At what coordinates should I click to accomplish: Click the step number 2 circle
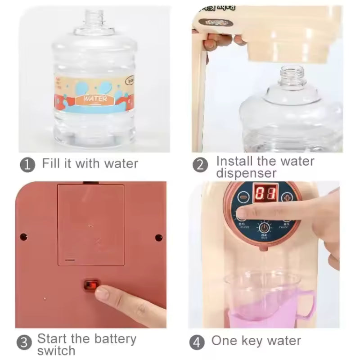tap(200, 165)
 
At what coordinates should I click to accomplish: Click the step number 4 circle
tap(196, 342)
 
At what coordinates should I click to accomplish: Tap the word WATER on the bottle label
tap(95, 99)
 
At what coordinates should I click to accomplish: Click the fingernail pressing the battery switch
tap(102, 293)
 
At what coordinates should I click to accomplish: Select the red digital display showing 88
tap(265, 194)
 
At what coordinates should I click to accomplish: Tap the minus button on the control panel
tap(243, 197)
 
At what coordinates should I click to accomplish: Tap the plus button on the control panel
tap(287, 198)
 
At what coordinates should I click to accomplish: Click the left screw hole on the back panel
tap(24, 236)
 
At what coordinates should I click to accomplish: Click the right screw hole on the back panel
tap(159, 237)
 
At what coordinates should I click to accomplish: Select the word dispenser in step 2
tap(246, 173)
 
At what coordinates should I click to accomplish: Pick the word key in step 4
tap(252, 341)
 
